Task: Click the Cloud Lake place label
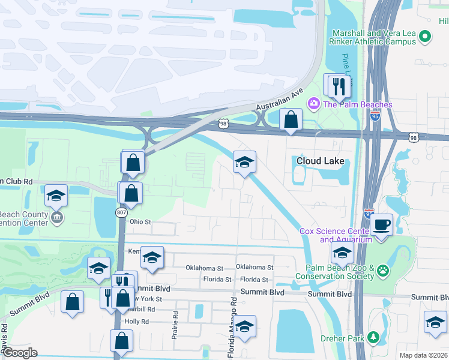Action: (321, 161)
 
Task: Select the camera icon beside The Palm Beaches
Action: (313, 104)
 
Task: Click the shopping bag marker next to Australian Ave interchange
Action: (291, 120)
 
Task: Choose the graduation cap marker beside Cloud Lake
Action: (244, 162)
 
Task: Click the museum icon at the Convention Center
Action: (56, 217)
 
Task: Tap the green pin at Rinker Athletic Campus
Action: (426, 37)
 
